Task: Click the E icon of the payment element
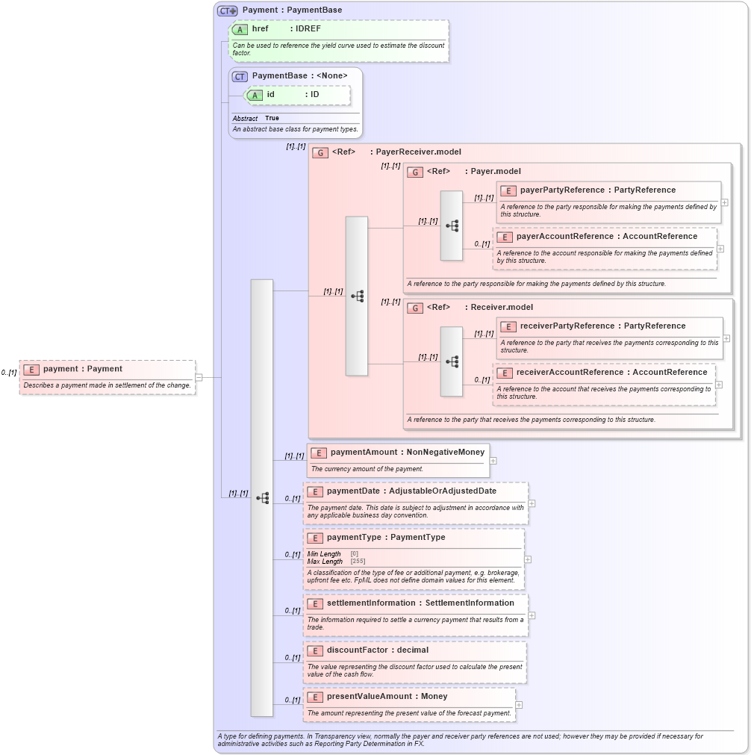click(x=31, y=370)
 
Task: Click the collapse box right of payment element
click(x=199, y=377)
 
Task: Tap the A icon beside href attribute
click(x=240, y=30)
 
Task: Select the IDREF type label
click(x=308, y=29)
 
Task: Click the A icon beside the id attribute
click(x=255, y=96)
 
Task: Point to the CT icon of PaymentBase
click(x=240, y=76)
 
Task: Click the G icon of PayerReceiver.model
click(x=320, y=152)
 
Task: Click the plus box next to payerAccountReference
click(x=720, y=249)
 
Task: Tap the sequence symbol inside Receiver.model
click(x=452, y=361)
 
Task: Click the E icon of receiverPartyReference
click(x=508, y=327)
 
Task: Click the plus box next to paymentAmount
click(x=493, y=461)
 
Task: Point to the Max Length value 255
click(x=358, y=562)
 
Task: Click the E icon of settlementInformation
click(x=315, y=603)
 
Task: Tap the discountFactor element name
click(x=357, y=650)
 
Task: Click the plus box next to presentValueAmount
click(x=519, y=705)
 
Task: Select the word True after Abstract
click(x=272, y=119)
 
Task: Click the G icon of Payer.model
click(x=415, y=173)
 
